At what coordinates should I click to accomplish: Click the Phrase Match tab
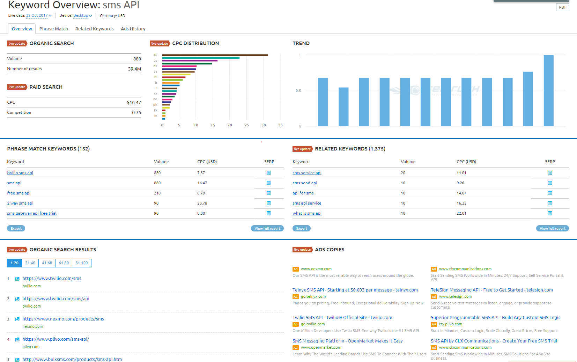click(53, 29)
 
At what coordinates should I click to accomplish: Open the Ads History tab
click(133, 29)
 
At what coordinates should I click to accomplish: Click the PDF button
click(562, 7)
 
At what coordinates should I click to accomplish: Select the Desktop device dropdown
click(82, 16)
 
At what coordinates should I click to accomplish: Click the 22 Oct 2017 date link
click(38, 16)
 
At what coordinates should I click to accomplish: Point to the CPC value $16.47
click(134, 103)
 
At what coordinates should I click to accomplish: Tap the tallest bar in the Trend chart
click(548, 90)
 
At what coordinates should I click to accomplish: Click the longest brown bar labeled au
click(215, 55)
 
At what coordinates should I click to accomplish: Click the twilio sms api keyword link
click(20, 173)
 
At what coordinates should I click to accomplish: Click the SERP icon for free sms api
click(268, 193)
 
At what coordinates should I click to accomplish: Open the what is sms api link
click(307, 213)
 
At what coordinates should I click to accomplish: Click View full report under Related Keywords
click(552, 229)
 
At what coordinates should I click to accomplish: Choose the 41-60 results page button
click(47, 263)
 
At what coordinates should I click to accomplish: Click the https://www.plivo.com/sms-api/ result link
click(56, 339)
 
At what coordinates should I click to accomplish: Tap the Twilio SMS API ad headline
click(342, 318)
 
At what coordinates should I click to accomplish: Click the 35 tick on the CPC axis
click(280, 125)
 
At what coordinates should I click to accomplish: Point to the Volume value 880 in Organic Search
click(137, 59)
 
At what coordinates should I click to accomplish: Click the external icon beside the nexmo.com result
click(17, 319)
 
